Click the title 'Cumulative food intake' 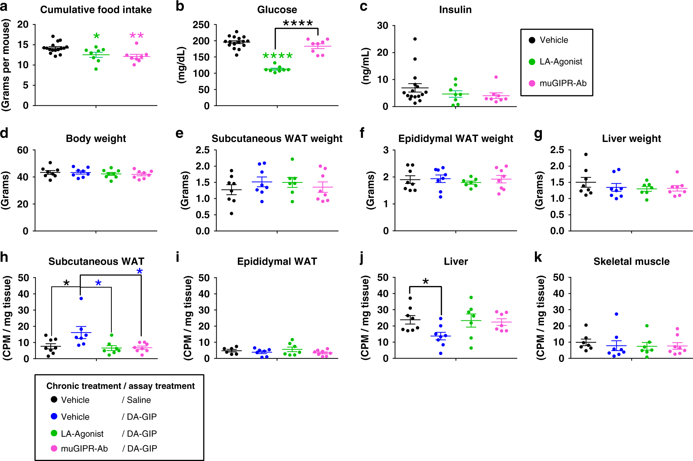tap(96, 9)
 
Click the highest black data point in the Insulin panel tap(415, 39)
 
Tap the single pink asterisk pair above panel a tap(137, 35)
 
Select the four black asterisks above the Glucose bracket tap(298, 23)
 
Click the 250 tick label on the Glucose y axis tap(201, 25)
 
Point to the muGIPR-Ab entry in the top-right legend tap(563, 83)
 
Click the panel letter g tap(538, 134)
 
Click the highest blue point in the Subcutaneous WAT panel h tap(81, 299)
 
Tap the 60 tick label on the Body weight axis tap(23, 150)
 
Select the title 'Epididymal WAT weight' tap(455, 138)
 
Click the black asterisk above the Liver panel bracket tap(425, 281)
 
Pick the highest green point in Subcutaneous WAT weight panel tap(292, 159)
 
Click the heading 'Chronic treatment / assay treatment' tap(120, 386)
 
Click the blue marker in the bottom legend tap(54, 416)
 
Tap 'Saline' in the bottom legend tap(139, 400)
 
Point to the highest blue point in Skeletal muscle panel tap(616, 314)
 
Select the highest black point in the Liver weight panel tap(586, 154)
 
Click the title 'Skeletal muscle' tap(631, 261)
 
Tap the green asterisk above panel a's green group tap(96, 36)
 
